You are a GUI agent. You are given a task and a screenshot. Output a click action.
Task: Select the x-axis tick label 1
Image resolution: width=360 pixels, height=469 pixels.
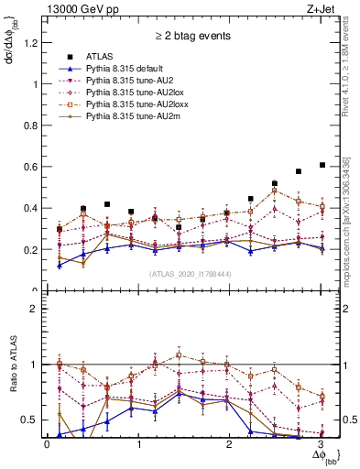pos(138,444)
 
